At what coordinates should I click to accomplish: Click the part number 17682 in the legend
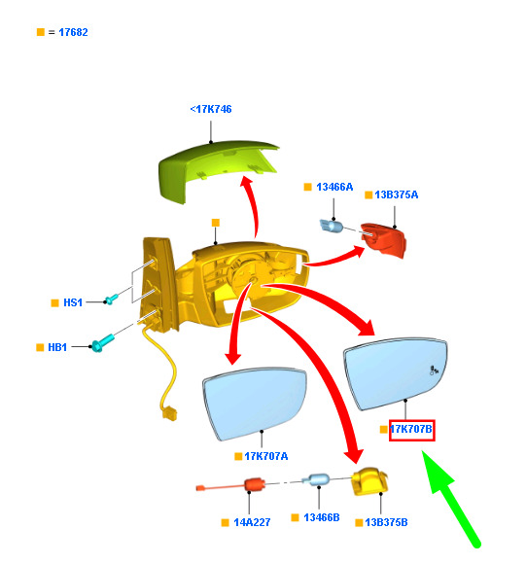(73, 32)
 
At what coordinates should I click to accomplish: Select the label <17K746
(211, 109)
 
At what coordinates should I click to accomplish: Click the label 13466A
(334, 187)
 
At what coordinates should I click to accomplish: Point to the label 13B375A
(397, 194)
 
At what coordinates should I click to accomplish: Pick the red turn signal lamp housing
(384, 240)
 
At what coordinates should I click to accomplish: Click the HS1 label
(73, 302)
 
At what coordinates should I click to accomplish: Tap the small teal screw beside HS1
(111, 299)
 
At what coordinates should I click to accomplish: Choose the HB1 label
(57, 347)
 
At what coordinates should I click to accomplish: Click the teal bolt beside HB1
(103, 343)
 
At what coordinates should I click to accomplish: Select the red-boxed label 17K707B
(411, 430)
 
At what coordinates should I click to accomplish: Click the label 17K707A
(266, 456)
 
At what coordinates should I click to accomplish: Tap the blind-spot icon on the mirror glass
(434, 370)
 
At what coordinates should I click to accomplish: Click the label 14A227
(252, 522)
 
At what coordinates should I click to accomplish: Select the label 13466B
(322, 517)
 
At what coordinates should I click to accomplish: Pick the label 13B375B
(386, 522)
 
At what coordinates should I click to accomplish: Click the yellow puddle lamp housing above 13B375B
(369, 481)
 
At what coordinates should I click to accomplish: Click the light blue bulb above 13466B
(316, 479)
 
